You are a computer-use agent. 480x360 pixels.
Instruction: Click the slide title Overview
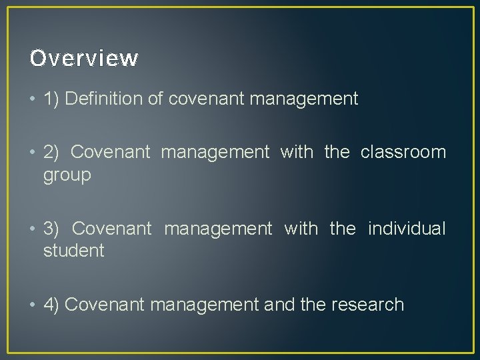pos(84,59)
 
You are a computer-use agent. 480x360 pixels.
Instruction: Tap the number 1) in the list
pos(52,99)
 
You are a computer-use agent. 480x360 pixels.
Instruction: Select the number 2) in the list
pos(52,152)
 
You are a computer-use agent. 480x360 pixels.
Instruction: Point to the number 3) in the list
pos(52,229)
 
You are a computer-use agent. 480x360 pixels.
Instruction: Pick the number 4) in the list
pos(52,305)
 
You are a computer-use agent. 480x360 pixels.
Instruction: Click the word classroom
pos(403,152)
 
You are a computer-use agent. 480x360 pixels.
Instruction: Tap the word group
pos(67,176)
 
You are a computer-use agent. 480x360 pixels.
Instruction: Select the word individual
pos(406,229)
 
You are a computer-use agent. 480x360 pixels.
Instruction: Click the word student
pos(73,251)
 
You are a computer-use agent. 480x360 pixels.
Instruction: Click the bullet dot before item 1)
pos(33,100)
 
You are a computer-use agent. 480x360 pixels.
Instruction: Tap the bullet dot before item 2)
pos(33,153)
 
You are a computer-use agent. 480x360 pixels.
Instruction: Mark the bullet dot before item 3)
pos(33,229)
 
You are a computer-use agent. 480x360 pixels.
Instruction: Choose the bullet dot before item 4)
pos(33,305)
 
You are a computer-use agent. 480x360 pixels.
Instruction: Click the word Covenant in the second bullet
pos(110,152)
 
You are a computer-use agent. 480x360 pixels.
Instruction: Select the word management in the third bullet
pos(218,229)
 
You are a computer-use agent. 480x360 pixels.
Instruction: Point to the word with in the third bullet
pos(301,229)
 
